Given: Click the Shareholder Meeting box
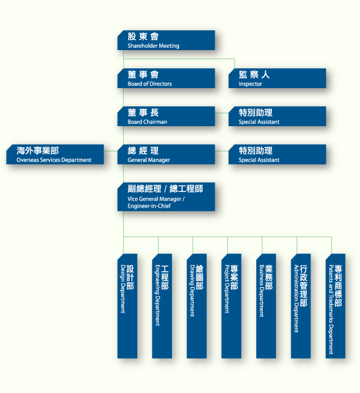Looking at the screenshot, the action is (x=166, y=40).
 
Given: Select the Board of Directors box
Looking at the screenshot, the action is (x=166, y=78).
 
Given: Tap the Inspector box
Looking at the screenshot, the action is (x=277, y=78).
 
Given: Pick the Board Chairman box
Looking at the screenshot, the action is (x=166, y=117).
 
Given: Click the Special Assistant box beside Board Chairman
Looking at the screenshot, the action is (x=277, y=117).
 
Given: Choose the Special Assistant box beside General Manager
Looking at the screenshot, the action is (x=277, y=155).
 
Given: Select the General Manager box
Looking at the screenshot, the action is (x=166, y=155).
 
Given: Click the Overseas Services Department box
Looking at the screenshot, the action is (x=55, y=155).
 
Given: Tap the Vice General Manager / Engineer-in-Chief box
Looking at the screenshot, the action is (x=166, y=197).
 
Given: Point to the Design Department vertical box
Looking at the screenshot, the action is (x=127, y=306).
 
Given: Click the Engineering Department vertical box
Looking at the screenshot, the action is (x=162, y=306).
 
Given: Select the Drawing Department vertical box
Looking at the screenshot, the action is (x=197, y=306).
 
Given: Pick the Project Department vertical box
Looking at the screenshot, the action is (x=232, y=306).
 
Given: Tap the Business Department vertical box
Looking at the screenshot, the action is (x=266, y=306).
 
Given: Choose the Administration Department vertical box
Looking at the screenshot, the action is (x=301, y=306).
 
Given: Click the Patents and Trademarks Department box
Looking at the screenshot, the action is (x=335, y=306).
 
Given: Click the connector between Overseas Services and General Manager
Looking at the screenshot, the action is (x=111, y=151).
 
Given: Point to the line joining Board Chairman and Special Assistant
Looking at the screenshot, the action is (x=222, y=113).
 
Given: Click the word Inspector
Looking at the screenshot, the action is (x=250, y=84).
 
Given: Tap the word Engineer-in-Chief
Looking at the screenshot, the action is (x=149, y=206).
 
